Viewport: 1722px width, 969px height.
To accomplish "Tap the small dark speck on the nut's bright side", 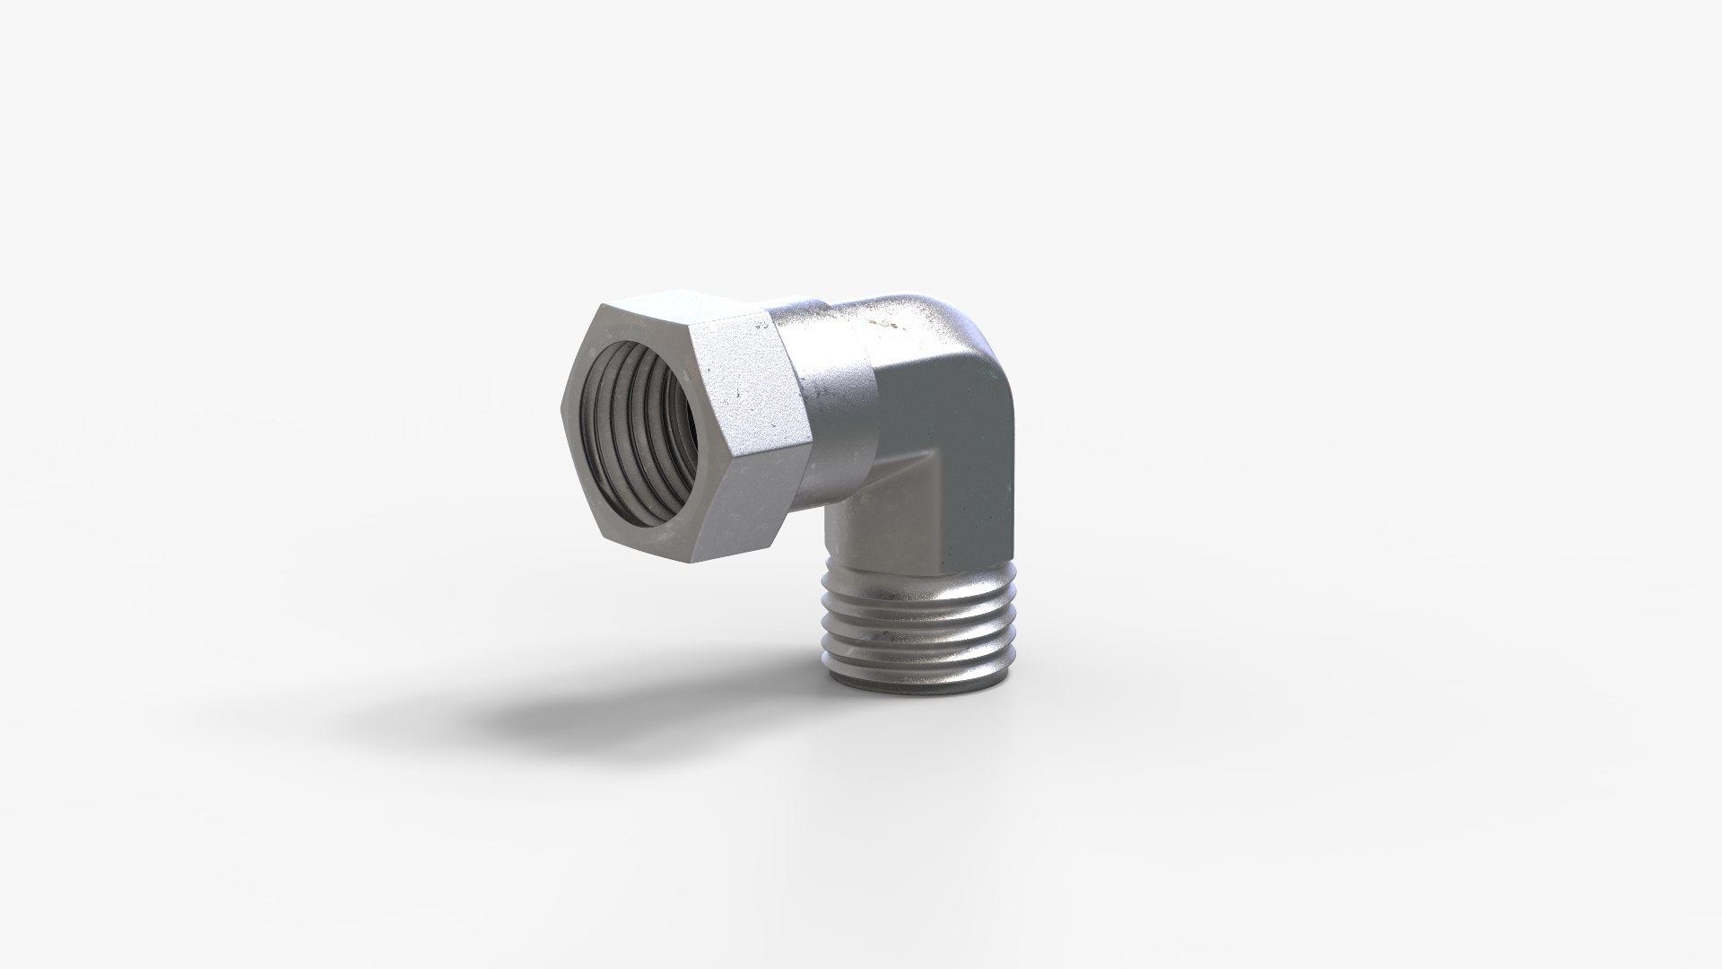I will coord(737,392).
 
